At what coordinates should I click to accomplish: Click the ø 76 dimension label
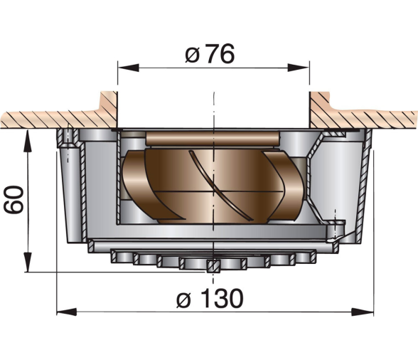[210, 54]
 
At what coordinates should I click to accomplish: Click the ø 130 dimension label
[210, 298]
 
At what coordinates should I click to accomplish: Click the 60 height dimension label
[14, 200]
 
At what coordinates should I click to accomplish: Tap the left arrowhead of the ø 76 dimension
[128, 68]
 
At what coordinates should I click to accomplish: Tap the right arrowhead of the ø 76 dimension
[299, 68]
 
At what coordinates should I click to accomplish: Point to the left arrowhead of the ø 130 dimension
[67, 312]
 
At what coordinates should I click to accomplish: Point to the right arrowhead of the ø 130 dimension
[363, 312]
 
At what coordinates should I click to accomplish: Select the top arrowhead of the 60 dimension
[28, 139]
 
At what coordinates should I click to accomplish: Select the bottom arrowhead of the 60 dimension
[28, 262]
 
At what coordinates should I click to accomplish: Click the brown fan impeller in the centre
[213, 186]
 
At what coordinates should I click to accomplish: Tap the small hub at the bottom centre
[213, 266]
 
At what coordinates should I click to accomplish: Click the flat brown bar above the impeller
[213, 138]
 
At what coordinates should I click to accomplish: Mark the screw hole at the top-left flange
[69, 138]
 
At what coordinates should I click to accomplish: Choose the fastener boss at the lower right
[336, 230]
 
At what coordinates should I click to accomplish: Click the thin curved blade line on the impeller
[221, 186]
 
